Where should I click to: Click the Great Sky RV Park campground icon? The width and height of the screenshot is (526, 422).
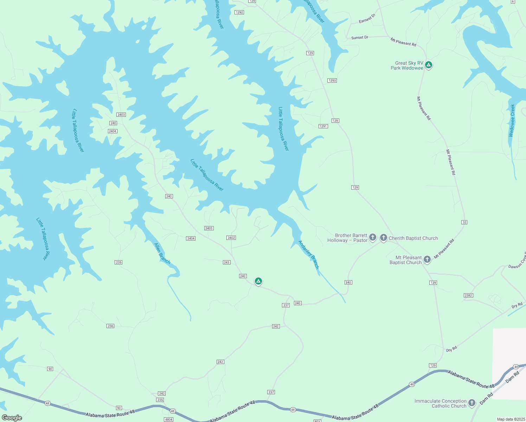coord(428,65)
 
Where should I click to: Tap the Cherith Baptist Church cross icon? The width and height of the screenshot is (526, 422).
coord(383,238)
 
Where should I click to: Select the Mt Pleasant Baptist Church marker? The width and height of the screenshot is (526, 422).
coord(427,260)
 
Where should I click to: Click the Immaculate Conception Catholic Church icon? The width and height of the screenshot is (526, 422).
coord(472,403)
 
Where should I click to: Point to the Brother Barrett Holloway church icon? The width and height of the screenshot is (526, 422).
coord(373,238)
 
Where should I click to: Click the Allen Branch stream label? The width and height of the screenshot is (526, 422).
coord(162,253)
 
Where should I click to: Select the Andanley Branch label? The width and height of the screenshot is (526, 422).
coord(309,255)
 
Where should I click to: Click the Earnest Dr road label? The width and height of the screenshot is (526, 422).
coord(367,19)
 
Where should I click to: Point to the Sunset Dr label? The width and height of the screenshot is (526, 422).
coord(360,37)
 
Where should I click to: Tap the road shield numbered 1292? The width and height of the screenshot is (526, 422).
coord(239,12)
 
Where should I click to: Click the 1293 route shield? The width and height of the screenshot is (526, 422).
coord(332,81)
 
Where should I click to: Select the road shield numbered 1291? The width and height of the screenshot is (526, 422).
coord(323,126)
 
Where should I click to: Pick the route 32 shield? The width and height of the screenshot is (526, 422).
coord(464,222)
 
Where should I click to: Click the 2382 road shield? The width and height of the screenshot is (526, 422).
coord(468,295)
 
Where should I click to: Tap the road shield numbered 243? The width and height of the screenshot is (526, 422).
coord(226,262)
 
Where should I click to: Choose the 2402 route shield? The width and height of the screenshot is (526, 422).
coord(231,238)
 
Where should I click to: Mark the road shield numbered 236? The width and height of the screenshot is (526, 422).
coord(110,326)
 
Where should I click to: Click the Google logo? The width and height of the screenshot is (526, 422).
coord(12,418)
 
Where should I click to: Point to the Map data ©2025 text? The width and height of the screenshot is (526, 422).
coord(511,419)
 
